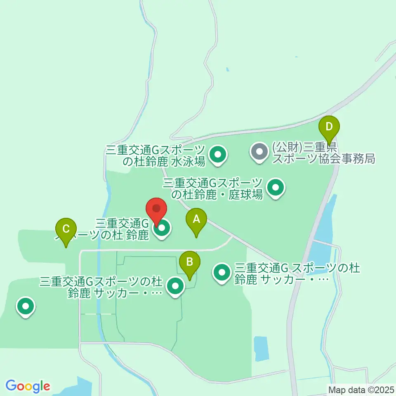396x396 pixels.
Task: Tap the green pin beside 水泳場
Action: (x=218, y=155)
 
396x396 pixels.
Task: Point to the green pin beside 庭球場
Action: (x=276, y=188)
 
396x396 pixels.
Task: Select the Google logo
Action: (x=28, y=386)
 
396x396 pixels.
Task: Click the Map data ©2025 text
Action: (x=360, y=389)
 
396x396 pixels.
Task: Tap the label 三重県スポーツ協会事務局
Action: (x=323, y=153)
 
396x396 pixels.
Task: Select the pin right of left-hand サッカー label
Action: (x=175, y=286)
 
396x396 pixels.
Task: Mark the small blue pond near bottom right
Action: (x=260, y=348)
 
